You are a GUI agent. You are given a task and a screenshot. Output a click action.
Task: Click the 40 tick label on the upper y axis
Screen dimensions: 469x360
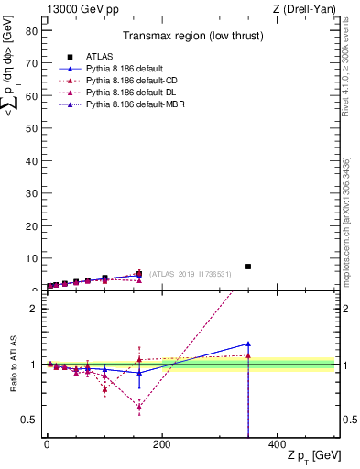point(30,159)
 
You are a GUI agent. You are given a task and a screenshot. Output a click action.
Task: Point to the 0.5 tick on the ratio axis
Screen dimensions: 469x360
point(28,420)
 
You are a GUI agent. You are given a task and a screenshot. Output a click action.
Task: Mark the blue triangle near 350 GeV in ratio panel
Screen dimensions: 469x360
point(247,344)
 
